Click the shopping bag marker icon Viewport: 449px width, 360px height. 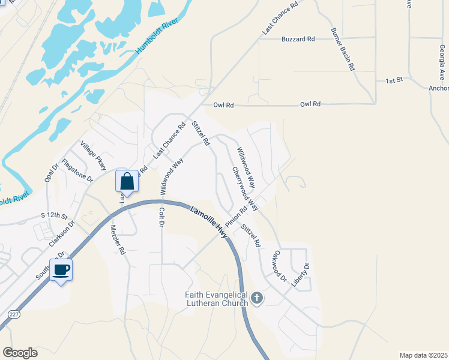[x=127, y=181]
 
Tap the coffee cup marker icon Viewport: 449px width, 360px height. [x=61, y=269]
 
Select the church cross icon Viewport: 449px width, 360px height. [x=256, y=298]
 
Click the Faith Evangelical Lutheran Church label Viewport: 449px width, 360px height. [x=216, y=299]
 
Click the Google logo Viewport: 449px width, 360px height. [x=20, y=353]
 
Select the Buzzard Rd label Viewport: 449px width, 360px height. [x=298, y=40]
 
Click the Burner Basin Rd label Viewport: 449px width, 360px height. [x=343, y=49]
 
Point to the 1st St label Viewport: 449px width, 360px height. [x=393, y=80]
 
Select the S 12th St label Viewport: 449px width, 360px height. [x=55, y=215]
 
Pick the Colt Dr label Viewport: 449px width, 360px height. [x=161, y=217]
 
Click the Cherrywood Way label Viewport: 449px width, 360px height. [x=245, y=188]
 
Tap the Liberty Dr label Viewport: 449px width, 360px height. [x=300, y=274]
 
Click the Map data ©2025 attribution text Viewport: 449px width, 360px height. [x=423, y=355]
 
